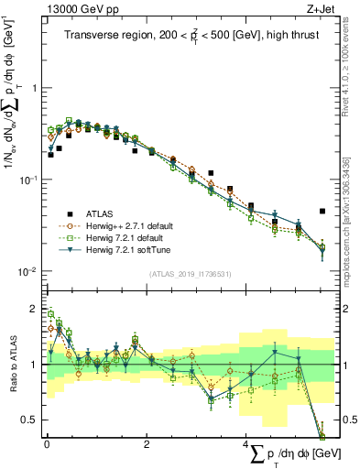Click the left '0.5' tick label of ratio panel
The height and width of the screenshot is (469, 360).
29,420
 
